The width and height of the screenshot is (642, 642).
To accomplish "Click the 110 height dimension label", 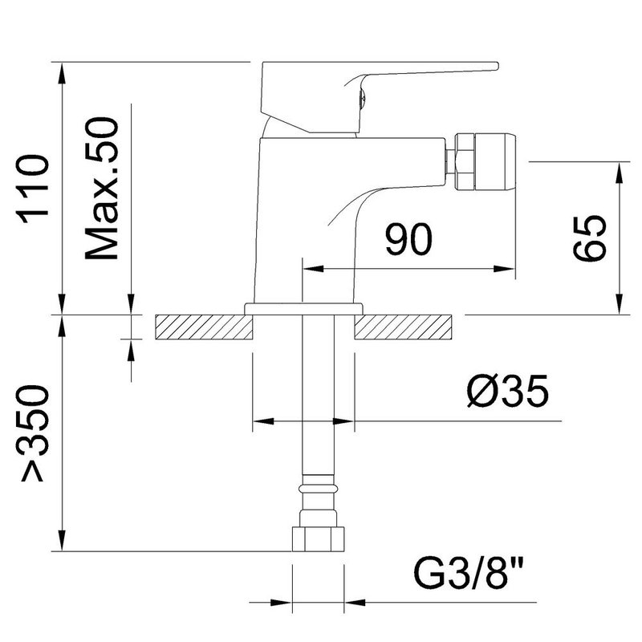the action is coord(33,189).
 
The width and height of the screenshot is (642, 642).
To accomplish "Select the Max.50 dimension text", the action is coord(102,189).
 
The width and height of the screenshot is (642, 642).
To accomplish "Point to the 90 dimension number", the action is coord(408,239).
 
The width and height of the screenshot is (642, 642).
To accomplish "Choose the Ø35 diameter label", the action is coord(507,391).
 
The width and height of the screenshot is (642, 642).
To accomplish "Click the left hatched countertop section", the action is coord(204,327).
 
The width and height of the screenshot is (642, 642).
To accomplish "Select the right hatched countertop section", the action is coord(404,327).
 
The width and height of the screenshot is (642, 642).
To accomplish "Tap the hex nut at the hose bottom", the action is coord(318,538).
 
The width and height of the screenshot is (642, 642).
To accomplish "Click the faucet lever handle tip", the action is coord(496,66).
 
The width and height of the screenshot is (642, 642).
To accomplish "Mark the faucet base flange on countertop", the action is coord(303,309).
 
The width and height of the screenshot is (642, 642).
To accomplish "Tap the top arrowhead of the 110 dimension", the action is coord(62,74).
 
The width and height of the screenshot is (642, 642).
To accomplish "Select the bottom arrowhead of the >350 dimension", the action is coord(62,540).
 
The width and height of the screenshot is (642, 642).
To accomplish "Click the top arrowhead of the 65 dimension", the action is coord(620,173).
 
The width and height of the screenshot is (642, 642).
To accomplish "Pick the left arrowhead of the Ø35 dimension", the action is coord(264,421).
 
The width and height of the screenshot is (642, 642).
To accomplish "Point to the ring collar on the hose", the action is coord(318,488).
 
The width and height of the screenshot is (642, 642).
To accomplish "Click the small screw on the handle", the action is coord(362,98).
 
